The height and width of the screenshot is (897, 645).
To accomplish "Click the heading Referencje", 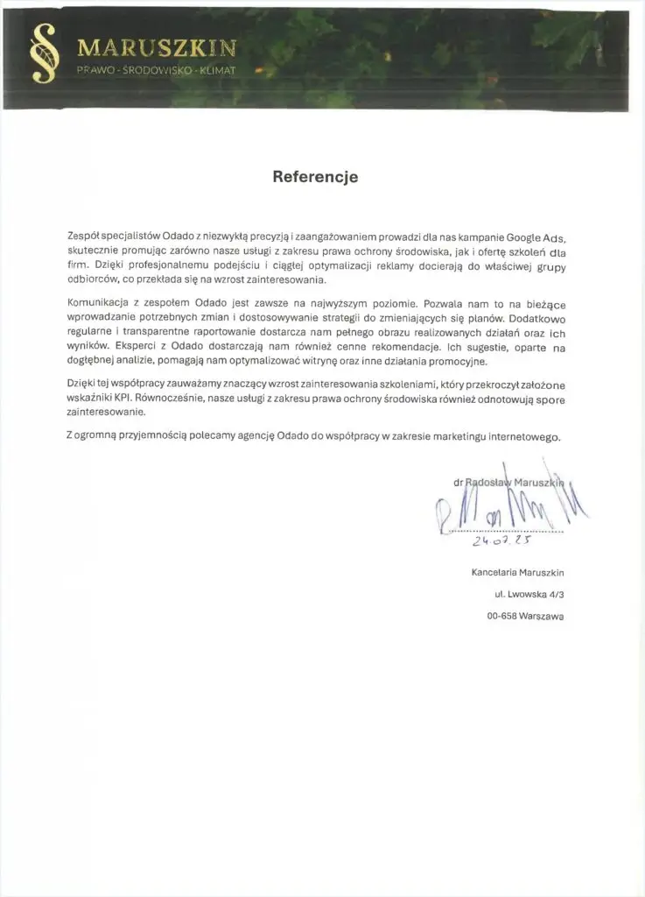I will point(315,177).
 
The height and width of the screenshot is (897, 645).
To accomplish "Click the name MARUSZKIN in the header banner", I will point(156,47).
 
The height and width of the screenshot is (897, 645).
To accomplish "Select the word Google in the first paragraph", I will point(519,237).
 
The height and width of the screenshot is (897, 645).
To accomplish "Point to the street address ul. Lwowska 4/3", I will point(529,595).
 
